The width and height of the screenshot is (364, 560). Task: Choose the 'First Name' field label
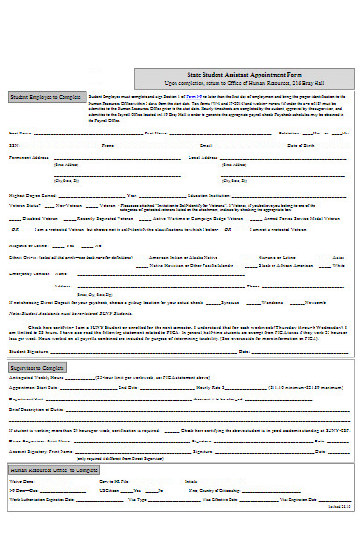click(x=155, y=133)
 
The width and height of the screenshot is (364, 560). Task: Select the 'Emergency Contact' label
click(x=29, y=273)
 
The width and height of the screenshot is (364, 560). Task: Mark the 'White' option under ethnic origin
click(x=338, y=264)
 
